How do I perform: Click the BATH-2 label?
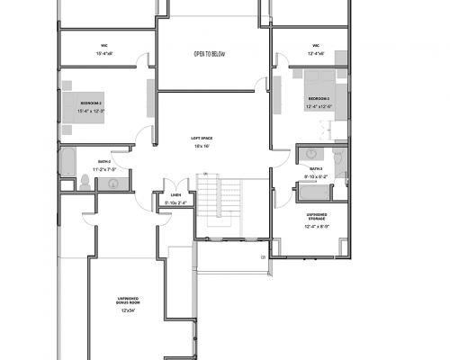click(x=104, y=162)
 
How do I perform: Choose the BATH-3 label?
click(x=316, y=168)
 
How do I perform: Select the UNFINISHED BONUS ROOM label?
click(x=129, y=301)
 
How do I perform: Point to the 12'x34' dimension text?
click(x=129, y=310)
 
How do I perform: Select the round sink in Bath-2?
click(x=113, y=184)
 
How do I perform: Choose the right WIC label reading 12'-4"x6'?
click(x=317, y=52)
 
